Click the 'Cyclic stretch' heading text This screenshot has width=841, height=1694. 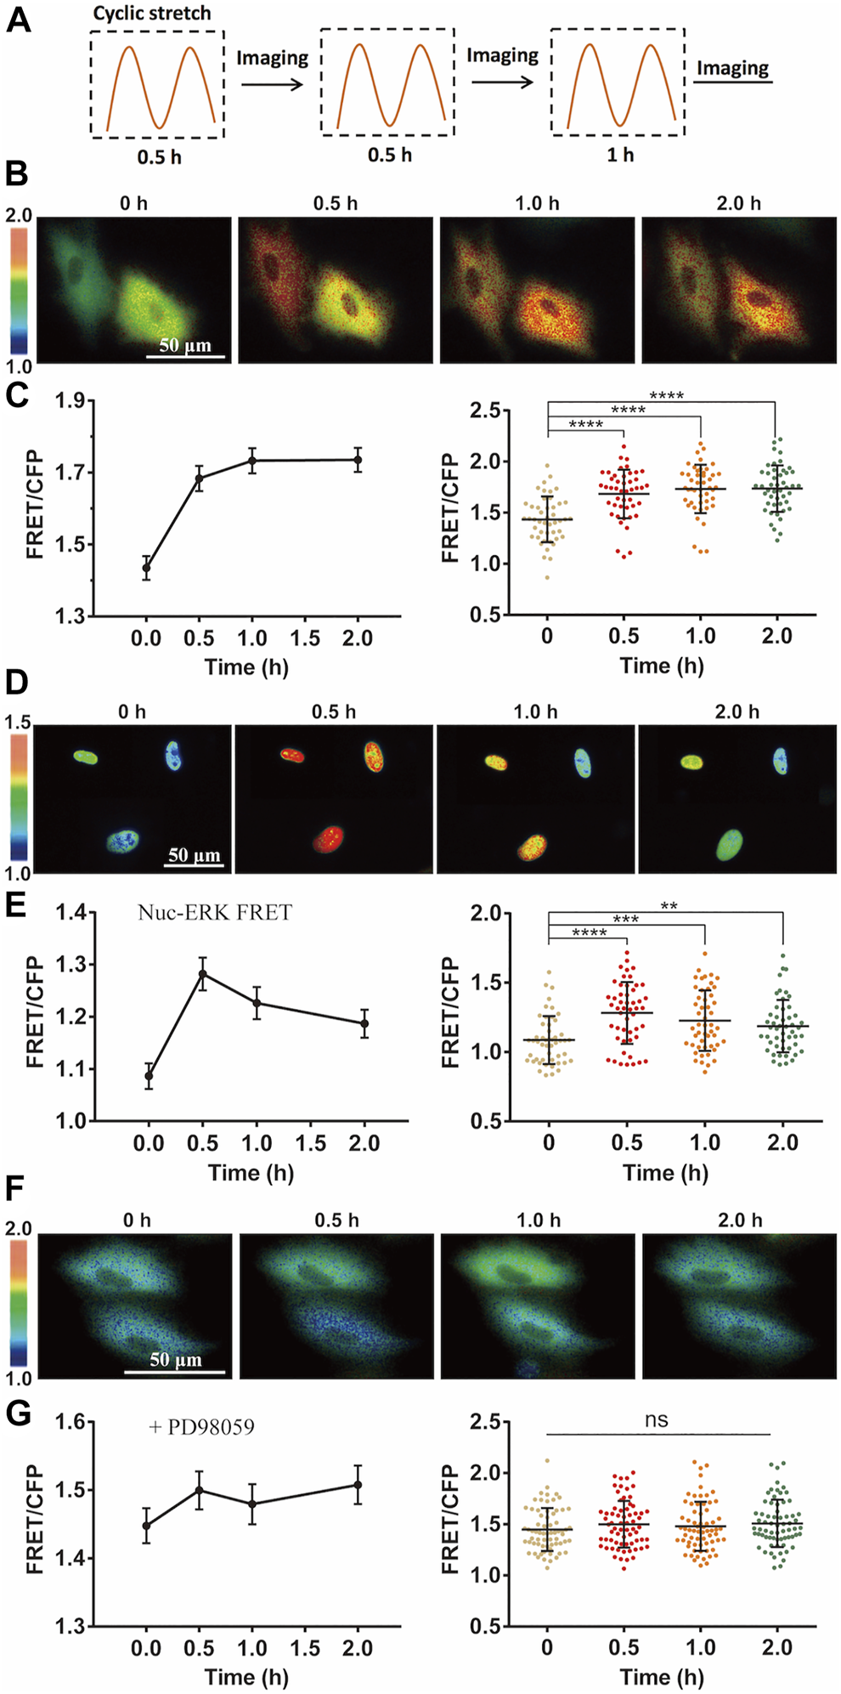click(151, 14)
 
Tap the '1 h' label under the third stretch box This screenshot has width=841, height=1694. click(620, 155)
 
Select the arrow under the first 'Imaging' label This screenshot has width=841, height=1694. click(272, 83)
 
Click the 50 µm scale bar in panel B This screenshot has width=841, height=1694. click(185, 356)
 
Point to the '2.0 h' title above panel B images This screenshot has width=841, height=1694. click(738, 203)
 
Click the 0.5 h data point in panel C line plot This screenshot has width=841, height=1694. click(200, 478)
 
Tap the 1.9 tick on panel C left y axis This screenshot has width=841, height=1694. click(74, 400)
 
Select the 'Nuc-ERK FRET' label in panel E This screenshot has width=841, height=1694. click(215, 913)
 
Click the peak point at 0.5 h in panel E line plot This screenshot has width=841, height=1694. click(202, 974)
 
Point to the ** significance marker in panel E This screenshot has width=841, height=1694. click(669, 907)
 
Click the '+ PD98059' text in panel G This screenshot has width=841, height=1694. click(202, 1426)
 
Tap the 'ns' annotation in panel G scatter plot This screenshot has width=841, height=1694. click(656, 1420)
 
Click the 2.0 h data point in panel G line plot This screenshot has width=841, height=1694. click(358, 1484)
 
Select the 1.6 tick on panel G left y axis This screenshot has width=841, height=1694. click(74, 1421)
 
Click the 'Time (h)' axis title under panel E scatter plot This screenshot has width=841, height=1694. click(665, 1173)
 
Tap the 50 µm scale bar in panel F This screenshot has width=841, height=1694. click(175, 1371)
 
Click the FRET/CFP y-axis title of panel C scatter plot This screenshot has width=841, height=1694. click(450, 508)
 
